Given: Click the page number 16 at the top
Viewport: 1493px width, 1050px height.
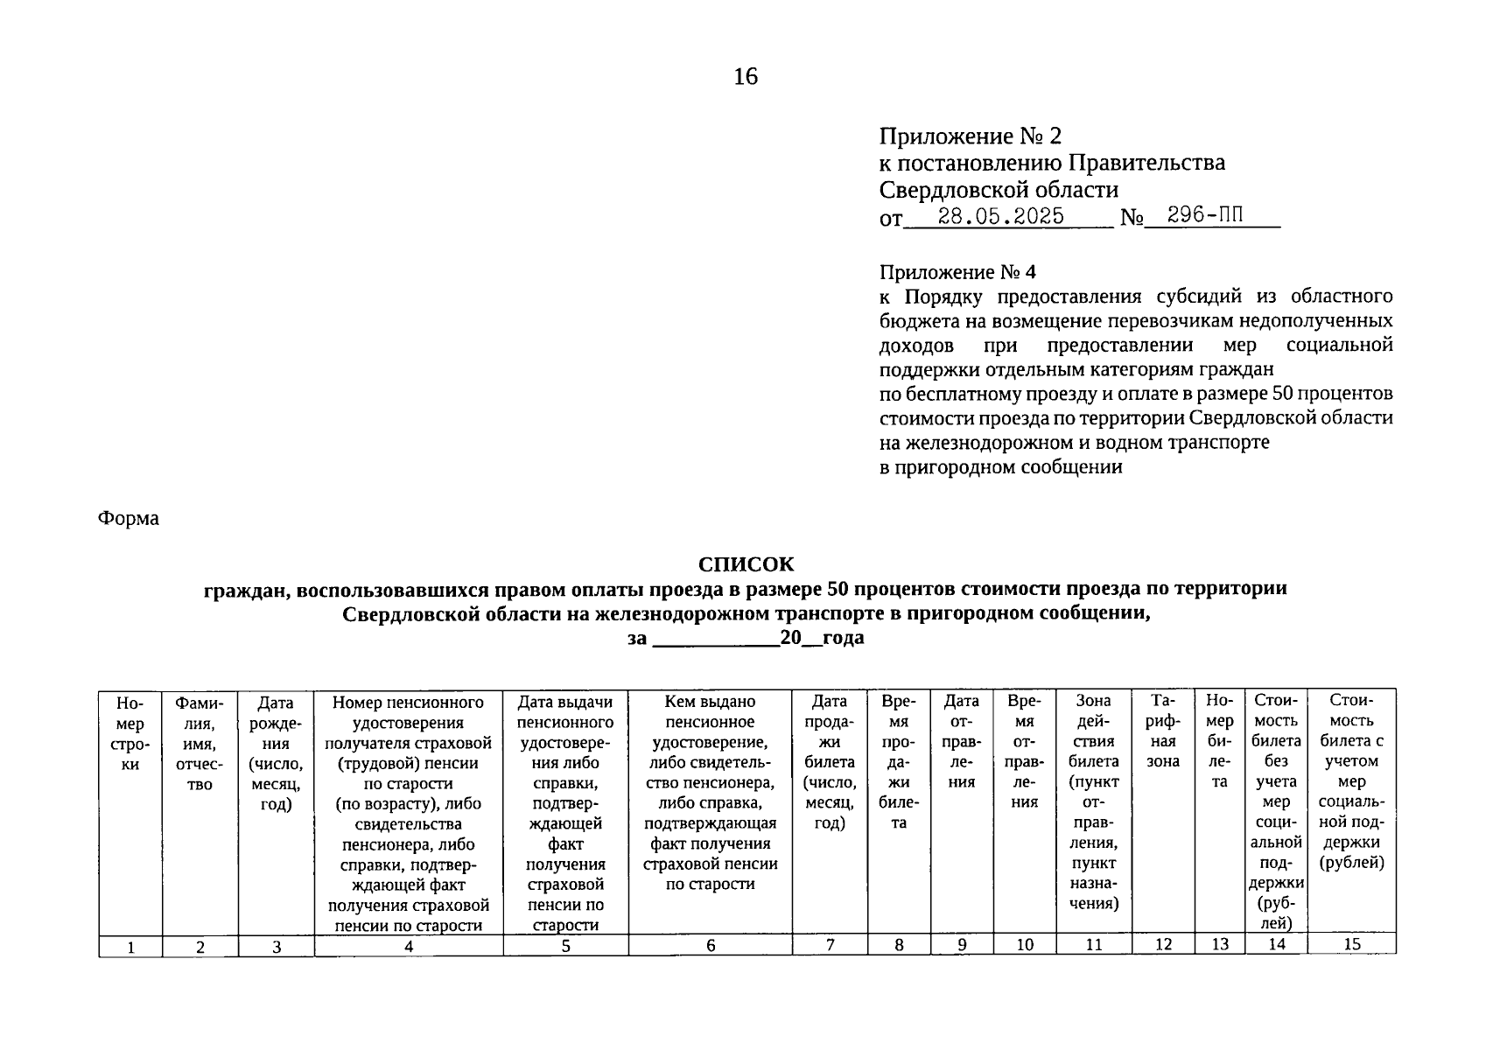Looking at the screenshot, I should pos(746,77).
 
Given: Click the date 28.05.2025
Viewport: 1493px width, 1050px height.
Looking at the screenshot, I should pos(1000,216).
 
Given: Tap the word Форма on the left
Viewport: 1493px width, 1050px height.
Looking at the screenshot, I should pos(128,519).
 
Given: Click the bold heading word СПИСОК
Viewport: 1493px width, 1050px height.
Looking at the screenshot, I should pos(746,563).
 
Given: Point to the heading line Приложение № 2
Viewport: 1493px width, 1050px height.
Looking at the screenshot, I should pos(970,136).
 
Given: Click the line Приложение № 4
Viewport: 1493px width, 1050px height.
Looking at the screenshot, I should pos(957,273).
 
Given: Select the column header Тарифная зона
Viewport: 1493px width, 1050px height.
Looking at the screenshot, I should pos(1162,731).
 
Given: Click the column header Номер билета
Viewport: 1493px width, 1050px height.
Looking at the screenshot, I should pos(1219,741).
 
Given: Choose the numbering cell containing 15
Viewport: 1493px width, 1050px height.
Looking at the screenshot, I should pos(1351,944).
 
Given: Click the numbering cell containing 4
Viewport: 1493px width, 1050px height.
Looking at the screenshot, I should pos(408,946).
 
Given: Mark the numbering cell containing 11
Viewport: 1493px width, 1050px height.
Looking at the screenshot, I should pos(1093,945).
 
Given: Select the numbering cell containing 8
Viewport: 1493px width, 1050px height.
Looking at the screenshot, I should pos(899,945).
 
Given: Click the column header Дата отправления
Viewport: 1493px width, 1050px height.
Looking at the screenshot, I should pos(961,741).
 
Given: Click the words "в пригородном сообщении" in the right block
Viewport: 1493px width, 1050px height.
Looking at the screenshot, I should pos(1000,467).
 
